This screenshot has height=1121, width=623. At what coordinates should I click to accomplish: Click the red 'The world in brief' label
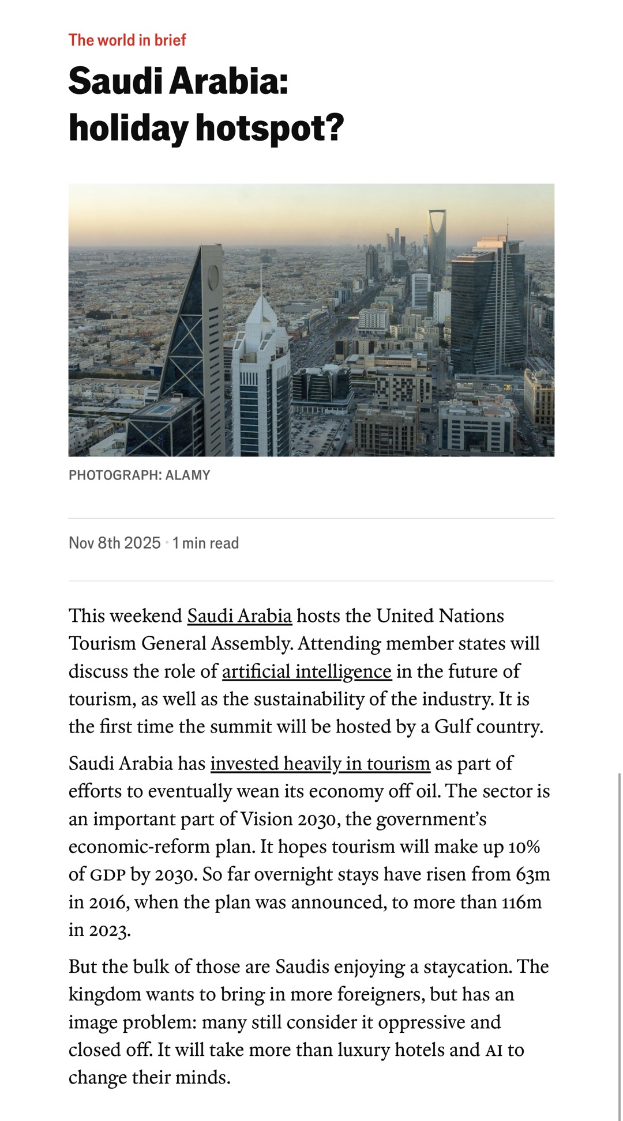tap(127, 40)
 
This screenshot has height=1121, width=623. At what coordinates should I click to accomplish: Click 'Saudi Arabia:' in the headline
tap(178, 81)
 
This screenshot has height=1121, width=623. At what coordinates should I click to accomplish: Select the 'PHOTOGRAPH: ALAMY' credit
tap(139, 475)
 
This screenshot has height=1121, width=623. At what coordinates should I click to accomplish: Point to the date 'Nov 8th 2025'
tap(114, 543)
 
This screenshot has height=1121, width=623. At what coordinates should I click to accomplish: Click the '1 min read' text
tap(206, 543)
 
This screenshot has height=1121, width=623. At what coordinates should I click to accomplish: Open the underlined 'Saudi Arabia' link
tap(239, 616)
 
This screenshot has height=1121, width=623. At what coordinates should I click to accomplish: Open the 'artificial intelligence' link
tap(306, 671)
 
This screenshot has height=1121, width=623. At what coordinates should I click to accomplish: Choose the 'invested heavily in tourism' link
tap(320, 764)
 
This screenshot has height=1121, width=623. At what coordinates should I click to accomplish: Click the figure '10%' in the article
tap(523, 847)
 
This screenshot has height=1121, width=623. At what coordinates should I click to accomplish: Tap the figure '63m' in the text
tap(532, 874)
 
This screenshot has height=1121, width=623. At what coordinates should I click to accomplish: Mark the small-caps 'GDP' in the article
tap(107, 875)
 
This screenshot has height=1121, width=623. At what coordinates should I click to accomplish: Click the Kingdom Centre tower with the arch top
tap(437, 242)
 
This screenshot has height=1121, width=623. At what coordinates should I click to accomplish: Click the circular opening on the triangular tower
tap(213, 277)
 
